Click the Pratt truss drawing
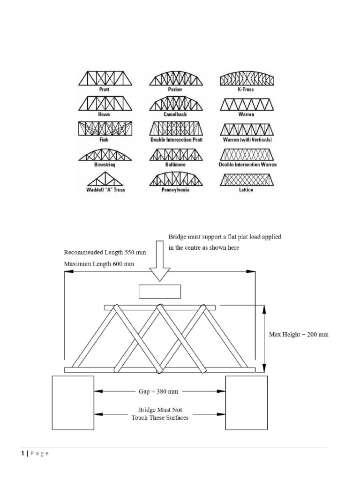point(105,78)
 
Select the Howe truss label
point(105,113)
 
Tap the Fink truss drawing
point(105,129)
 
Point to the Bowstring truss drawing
point(105,155)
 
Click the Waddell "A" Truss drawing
point(105,180)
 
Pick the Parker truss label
point(176,89)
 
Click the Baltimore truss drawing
point(176,155)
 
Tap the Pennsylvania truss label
point(176,190)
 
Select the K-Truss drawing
point(247,79)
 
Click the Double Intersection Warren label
point(247,165)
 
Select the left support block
point(73,402)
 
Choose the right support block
point(247,402)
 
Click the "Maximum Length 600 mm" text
point(99,264)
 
